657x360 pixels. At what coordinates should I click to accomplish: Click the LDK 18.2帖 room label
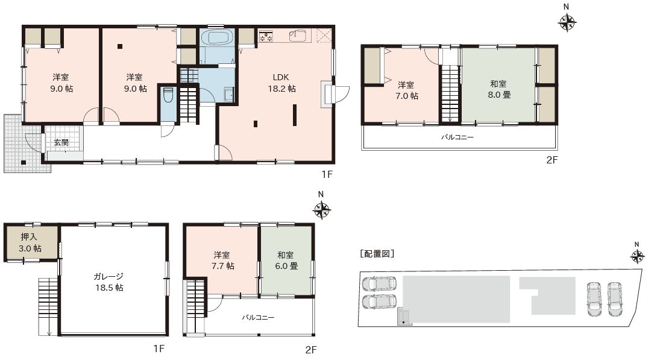281,83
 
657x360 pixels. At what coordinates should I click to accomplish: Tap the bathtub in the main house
217,37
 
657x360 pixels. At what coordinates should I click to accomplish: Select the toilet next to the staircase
168,95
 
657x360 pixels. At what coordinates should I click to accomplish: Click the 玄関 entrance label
61,142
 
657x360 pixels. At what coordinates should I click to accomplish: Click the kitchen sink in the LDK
298,36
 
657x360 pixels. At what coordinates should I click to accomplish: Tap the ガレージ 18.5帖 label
108,282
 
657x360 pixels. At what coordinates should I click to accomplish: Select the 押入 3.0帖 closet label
30,242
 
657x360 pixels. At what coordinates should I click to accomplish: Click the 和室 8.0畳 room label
498,90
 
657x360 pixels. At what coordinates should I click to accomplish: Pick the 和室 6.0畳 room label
286,261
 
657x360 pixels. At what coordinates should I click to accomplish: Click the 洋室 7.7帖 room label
224,261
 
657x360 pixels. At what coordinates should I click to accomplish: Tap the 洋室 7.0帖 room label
406,90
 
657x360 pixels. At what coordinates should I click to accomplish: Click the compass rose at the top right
567,22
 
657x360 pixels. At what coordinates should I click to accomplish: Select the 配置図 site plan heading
377,254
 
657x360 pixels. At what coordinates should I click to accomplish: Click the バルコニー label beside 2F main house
457,137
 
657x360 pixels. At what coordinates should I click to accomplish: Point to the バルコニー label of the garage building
258,317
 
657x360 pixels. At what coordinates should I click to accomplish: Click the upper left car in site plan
379,283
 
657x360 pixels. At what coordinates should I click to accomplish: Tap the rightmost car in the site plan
615,299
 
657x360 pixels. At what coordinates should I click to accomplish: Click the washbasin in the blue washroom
228,94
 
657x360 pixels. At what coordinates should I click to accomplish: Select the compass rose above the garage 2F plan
321,209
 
